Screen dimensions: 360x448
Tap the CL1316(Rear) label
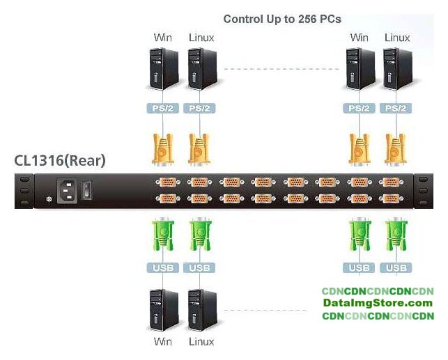pyautogui.click(x=60, y=161)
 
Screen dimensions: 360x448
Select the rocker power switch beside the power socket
pyautogui.click(x=87, y=189)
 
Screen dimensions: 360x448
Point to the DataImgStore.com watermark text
pyautogui.click(x=378, y=304)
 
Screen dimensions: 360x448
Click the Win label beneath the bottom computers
pyautogui.click(x=163, y=342)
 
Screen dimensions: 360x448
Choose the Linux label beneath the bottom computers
pyautogui.click(x=201, y=342)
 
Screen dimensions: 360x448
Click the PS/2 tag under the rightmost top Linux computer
pyautogui.click(x=397, y=109)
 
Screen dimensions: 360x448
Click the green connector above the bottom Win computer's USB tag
pyautogui.click(x=162, y=234)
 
